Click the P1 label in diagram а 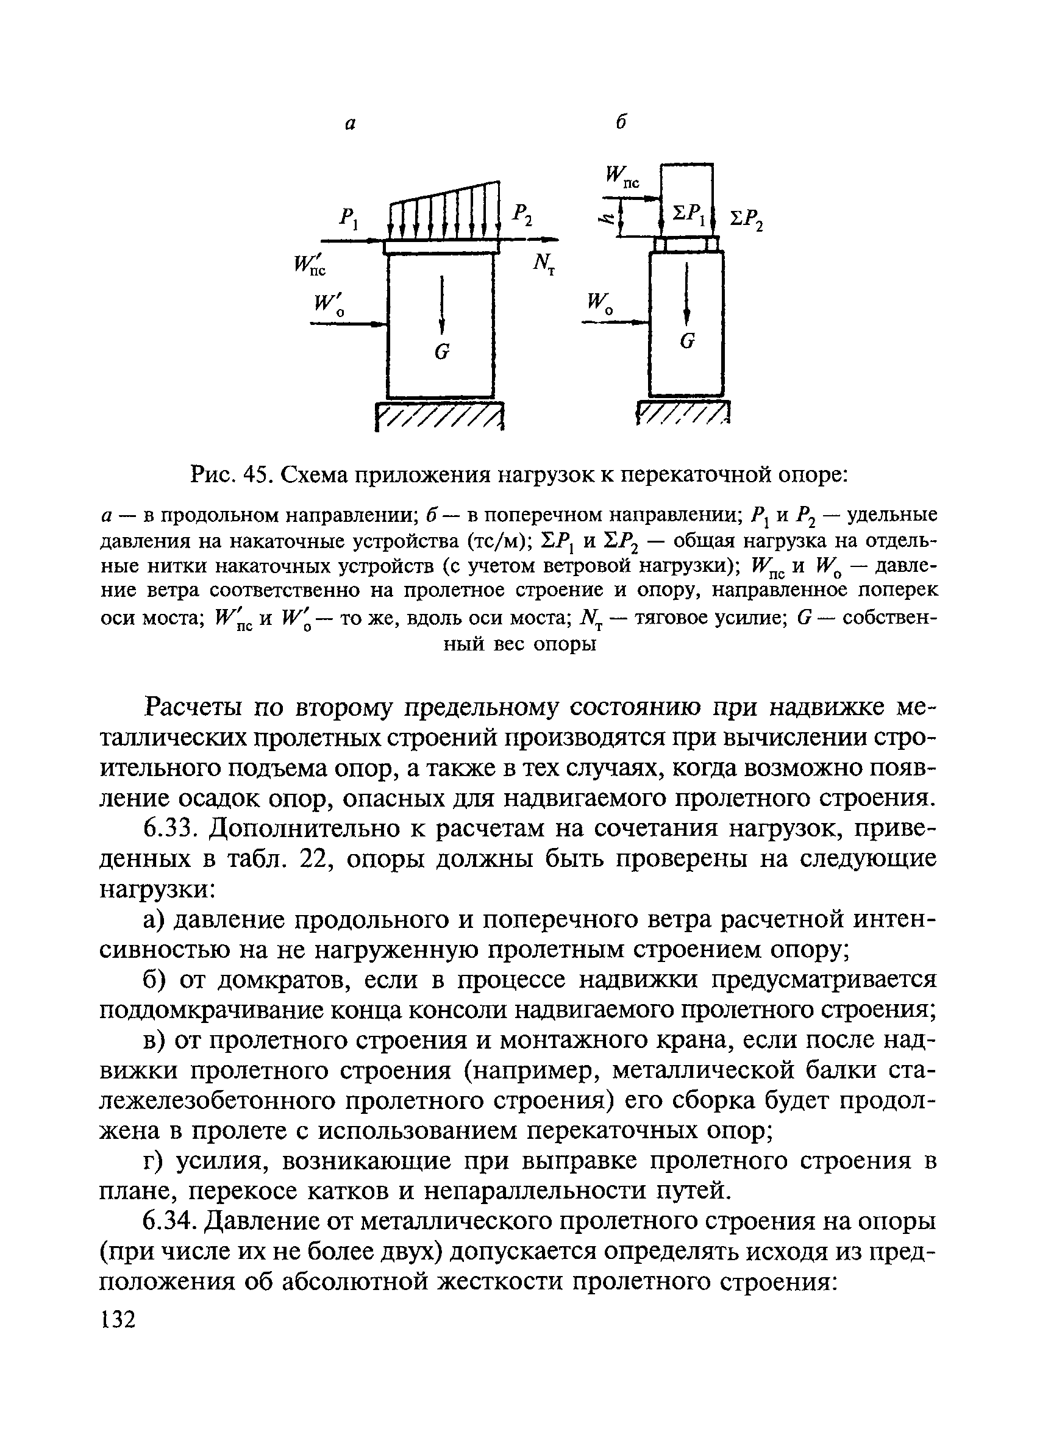(349, 219)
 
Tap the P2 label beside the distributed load (523, 215)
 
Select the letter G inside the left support (442, 351)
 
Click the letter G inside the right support (687, 341)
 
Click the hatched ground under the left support (440, 418)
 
